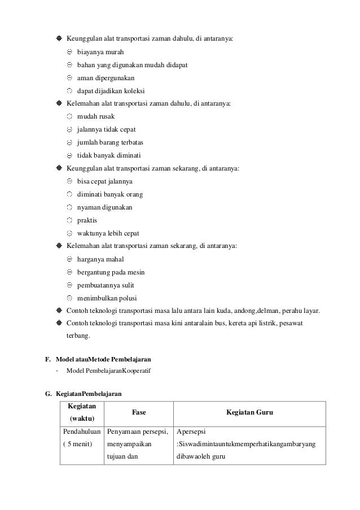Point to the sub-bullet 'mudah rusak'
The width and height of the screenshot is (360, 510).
[x=96, y=116]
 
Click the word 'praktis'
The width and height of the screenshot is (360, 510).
[x=87, y=220]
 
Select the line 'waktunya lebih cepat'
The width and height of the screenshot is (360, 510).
[x=108, y=233]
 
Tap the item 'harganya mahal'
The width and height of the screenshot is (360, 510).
[x=100, y=259]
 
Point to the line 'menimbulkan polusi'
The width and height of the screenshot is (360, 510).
[x=107, y=298]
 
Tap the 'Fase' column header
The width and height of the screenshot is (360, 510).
[x=139, y=413]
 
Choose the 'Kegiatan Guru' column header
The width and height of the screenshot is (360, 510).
[x=250, y=413]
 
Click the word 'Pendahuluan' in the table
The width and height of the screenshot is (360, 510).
[x=82, y=431]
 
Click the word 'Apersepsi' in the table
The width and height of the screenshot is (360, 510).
[x=191, y=431]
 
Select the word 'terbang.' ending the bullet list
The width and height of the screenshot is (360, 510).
[x=78, y=337]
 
